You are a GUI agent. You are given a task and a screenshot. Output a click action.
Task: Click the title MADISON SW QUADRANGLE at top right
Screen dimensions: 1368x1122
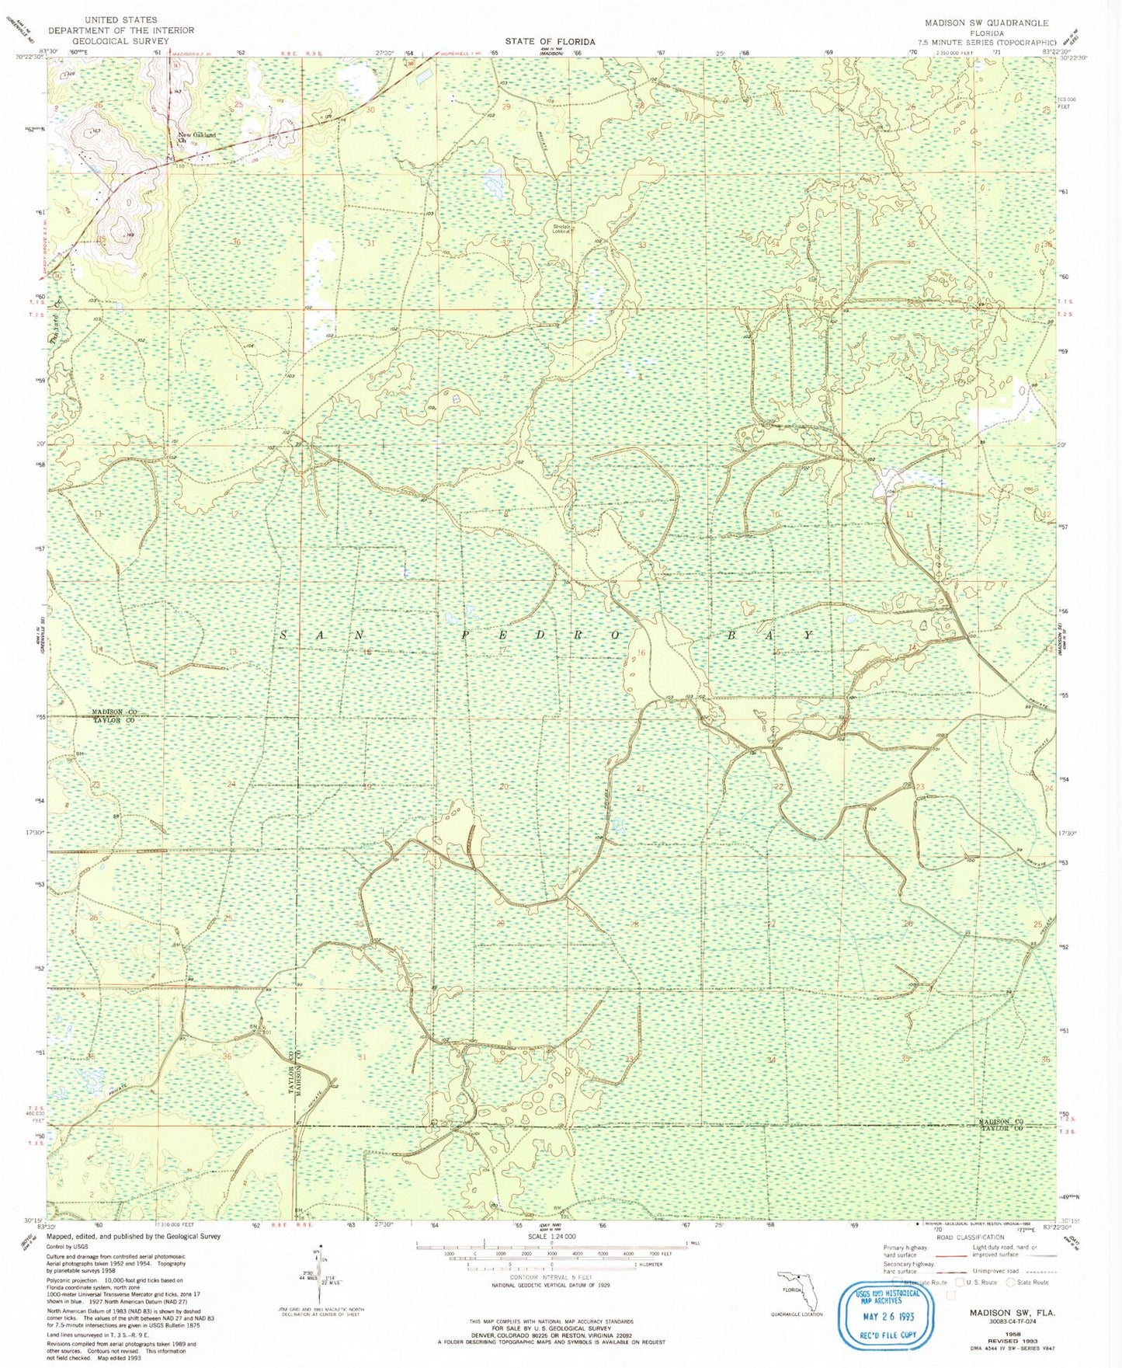point(986,23)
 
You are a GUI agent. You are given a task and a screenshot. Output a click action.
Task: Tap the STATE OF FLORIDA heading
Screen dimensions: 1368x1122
point(550,42)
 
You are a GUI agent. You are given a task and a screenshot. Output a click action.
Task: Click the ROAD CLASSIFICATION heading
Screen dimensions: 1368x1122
point(971,1237)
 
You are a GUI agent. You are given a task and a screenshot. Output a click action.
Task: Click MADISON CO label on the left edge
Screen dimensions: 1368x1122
point(114,712)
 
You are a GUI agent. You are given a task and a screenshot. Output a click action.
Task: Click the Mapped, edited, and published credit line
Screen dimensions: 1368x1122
point(133,1236)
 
